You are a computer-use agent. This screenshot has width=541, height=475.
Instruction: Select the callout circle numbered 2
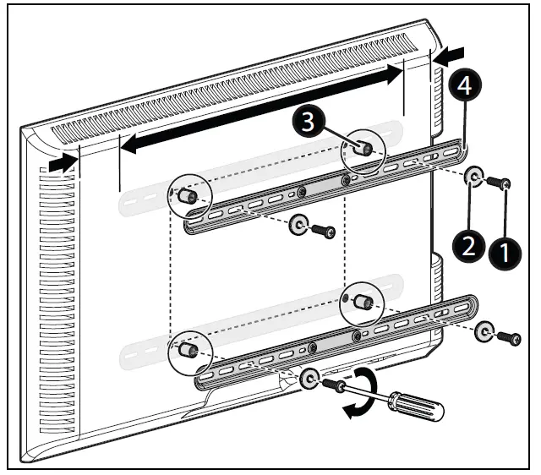[466, 246]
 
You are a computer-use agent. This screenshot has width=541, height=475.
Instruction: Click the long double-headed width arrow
[260, 110]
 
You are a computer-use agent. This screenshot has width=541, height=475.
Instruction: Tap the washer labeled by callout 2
[474, 177]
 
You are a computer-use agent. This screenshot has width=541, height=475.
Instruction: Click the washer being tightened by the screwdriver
[309, 378]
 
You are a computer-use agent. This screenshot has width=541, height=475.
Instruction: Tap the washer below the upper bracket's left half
[298, 225]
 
